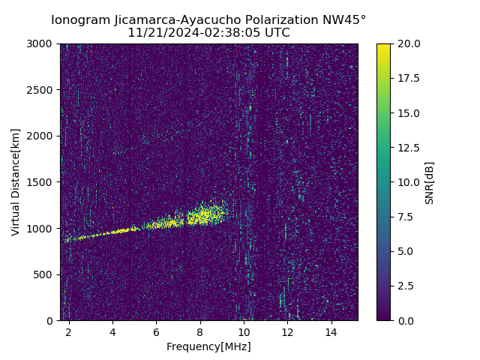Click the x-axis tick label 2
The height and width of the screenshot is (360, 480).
tap(69, 331)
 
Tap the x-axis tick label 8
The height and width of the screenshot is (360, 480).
tap(200, 331)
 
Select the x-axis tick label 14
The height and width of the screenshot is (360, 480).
tap(331, 331)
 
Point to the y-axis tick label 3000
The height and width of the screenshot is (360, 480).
tap(41, 44)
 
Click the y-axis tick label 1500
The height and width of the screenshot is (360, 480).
tap(41, 182)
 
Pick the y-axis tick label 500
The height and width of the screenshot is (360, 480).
tap(44, 274)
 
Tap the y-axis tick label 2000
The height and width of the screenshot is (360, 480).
tap(41, 136)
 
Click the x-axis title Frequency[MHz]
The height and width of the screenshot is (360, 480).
tap(208, 346)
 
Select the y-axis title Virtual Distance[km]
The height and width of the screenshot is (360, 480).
tap(16, 182)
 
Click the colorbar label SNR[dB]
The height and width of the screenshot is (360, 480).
tap(430, 182)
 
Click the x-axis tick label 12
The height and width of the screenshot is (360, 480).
tap(287, 331)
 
